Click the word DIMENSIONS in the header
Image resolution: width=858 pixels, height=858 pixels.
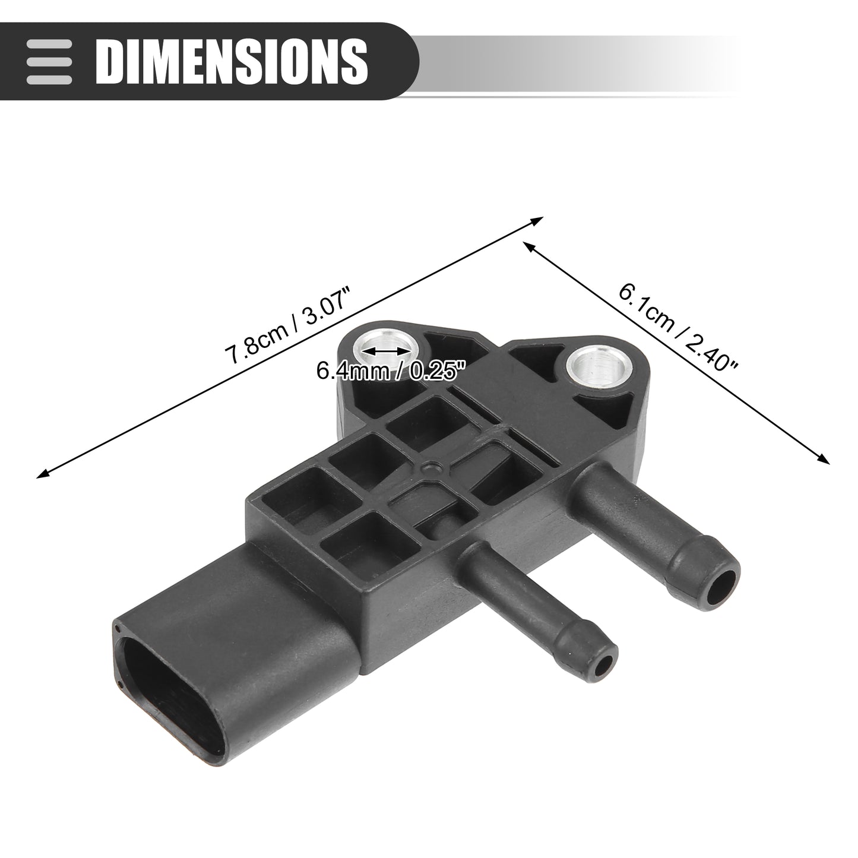pyautogui.click(x=232, y=61)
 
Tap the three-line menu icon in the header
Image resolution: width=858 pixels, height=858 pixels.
pyautogui.click(x=49, y=62)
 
